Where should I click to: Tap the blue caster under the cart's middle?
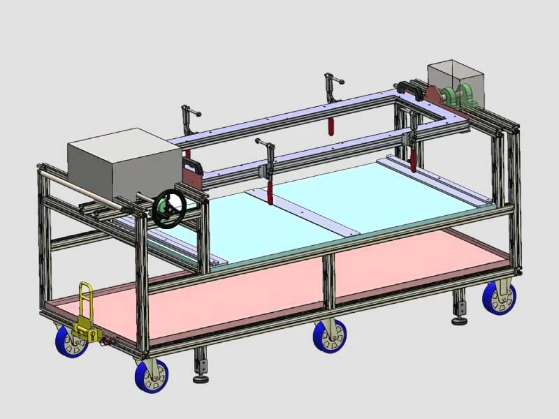pos(331,337)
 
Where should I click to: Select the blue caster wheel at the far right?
pos(500,297)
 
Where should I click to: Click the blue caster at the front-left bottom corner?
pos(152,376)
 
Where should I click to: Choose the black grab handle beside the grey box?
pos(193,168)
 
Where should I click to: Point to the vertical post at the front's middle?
pos(328,279)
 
